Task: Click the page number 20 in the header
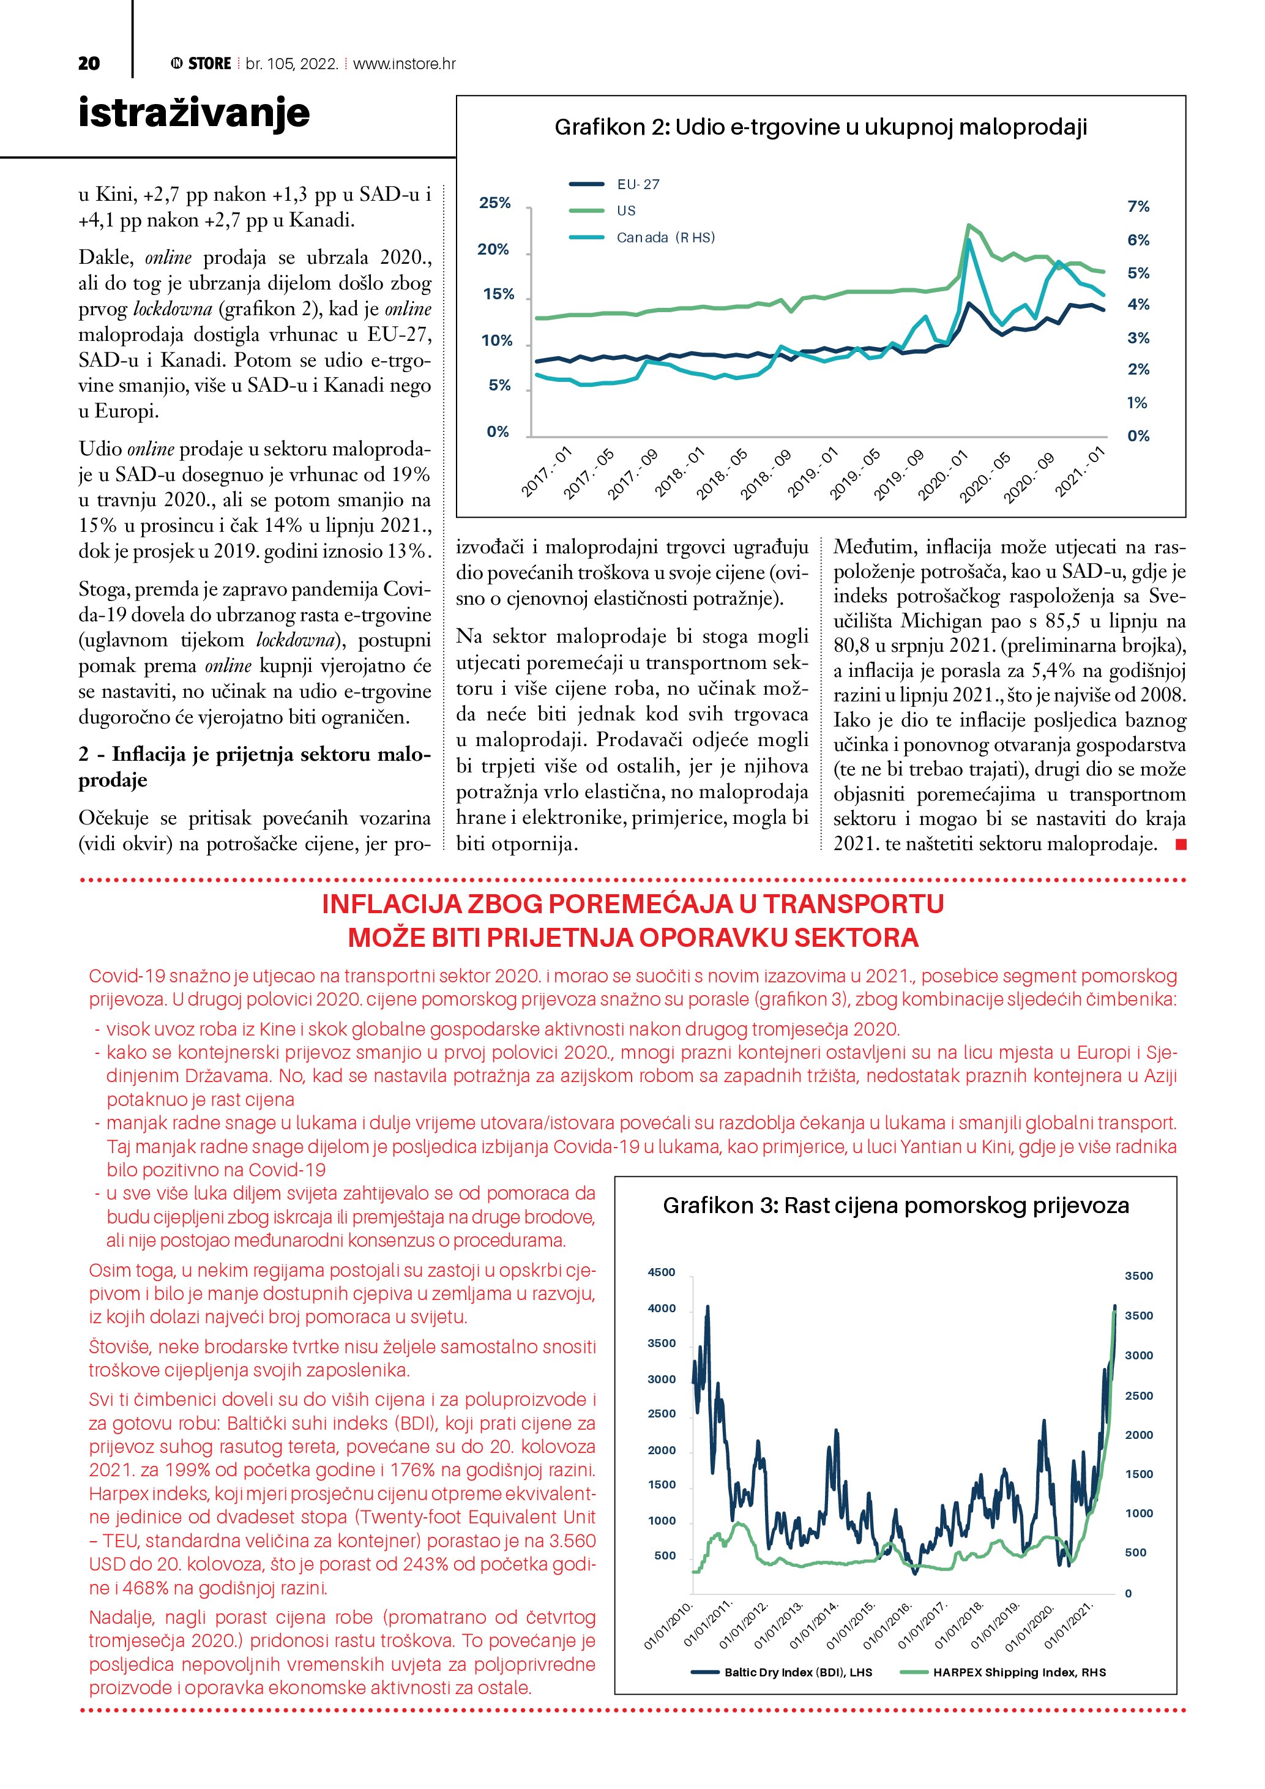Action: coord(89,64)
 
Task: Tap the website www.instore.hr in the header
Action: coord(405,64)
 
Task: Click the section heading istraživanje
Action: coord(194,113)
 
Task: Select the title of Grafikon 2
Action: coord(820,127)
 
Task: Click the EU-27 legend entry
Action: coord(638,185)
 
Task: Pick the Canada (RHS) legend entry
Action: coord(665,237)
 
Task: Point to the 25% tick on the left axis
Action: coord(494,203)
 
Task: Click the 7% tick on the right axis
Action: coord(1138,206)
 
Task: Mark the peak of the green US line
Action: coord(968,225)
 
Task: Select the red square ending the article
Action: coord(1181,844)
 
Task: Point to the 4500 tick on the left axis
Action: coord(662,1272)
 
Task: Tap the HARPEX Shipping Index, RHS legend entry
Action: coord(1019,1672)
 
